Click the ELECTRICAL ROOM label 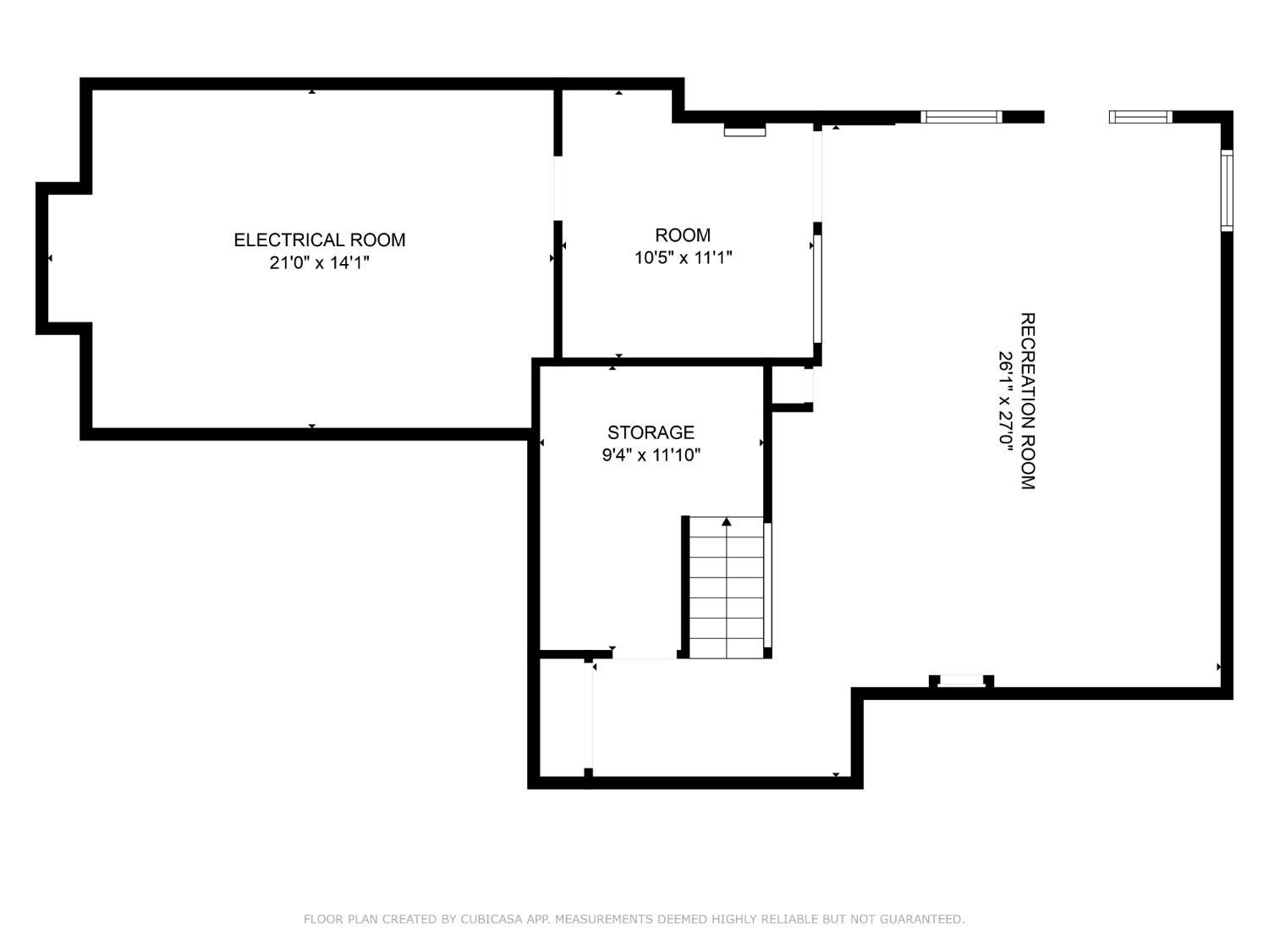[x=319, y=240]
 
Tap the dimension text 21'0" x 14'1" [x=319, y=263]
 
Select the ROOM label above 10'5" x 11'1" [x=683, y=235]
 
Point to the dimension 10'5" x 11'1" [x=683, y=258]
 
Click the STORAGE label [x=651, y=432]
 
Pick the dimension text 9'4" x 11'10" [x=651, y=455]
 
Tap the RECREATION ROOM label [x=1027, y=400]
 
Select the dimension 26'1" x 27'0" [x=1005, y=400]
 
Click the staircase [x=727, y=587]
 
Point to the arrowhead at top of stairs [x=727, y=521]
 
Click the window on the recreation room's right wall [x=1227, y=190]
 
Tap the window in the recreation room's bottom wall [x=962, y=680]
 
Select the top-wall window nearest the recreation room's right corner [x=1140, y=117]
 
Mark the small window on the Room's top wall [x=744, y=131]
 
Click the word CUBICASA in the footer [x=493, y=919]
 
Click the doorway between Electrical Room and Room [x=558, y=189]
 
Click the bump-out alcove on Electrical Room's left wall [x=64, y=258]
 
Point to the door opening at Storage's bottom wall [x=644, y=654]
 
